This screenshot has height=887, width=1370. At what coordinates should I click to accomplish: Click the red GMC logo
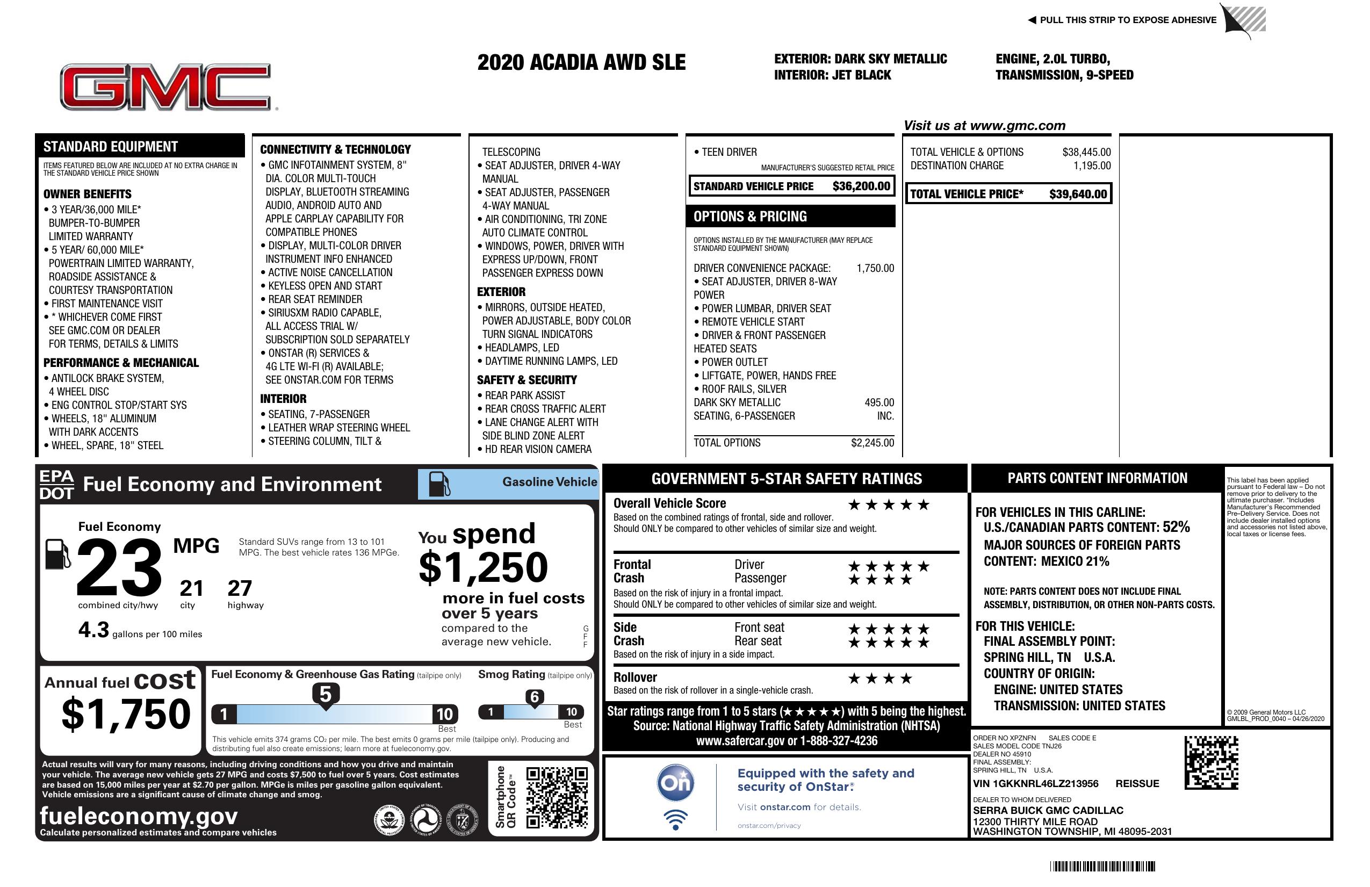166,87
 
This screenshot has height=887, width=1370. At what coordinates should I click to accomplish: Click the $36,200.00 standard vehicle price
861,186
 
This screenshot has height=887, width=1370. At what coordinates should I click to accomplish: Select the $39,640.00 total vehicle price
1078,194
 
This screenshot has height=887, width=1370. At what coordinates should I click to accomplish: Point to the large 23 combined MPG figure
119,567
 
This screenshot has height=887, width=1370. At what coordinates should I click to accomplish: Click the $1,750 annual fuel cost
126,714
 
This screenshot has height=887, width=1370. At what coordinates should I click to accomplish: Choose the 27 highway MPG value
240,588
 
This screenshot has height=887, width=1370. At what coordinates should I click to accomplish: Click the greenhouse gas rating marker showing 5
325,695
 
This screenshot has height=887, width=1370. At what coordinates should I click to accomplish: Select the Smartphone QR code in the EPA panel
557,797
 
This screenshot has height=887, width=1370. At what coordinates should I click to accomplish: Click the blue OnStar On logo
675,783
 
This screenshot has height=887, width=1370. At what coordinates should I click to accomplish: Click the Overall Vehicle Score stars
888,505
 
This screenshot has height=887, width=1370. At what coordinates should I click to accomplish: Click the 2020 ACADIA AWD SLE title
581,62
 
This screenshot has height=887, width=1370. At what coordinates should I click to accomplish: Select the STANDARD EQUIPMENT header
111,146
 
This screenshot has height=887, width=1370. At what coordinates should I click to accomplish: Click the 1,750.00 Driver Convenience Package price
875,268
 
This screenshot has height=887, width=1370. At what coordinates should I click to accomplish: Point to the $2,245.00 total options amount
872,443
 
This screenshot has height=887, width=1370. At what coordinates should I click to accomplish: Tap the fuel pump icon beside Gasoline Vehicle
439,484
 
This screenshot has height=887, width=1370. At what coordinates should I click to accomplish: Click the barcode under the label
1102,866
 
